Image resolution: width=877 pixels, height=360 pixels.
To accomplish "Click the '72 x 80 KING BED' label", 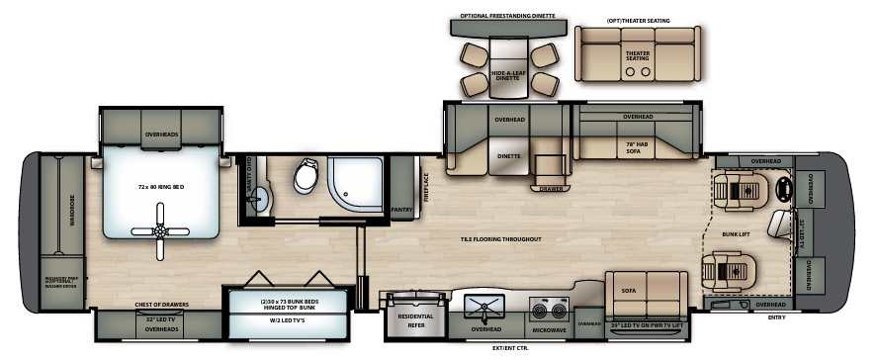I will pyautogui.click(x=162, y=186).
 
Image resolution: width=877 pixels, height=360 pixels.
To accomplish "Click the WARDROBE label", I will pyautogui.click(x=72, y=210).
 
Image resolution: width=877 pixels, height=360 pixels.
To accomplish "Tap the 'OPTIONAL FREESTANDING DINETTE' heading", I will pyautogui.click(x=507, y=16).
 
